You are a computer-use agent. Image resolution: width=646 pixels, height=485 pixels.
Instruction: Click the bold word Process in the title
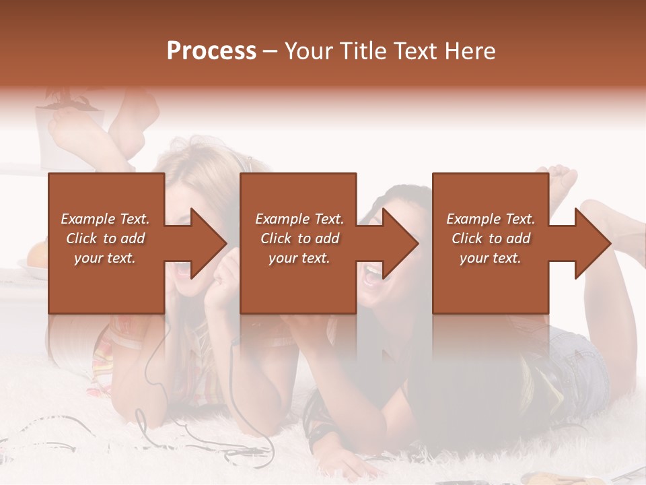pos(211,51)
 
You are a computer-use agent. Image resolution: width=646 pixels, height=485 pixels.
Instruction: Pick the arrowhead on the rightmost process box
pos(592,243)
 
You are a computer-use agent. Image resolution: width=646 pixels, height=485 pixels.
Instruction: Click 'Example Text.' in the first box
pos(105,219)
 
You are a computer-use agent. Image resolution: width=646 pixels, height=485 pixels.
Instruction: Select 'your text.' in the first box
pos(105,258)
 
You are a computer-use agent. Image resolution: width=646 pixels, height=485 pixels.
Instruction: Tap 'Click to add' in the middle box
pos(299,238)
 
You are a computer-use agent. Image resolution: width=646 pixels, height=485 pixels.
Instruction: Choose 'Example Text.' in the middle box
pos(299,219)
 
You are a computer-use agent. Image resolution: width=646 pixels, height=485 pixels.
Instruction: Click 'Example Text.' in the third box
pos(491,219)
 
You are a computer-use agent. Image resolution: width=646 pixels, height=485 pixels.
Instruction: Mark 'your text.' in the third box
pos(491,258)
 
